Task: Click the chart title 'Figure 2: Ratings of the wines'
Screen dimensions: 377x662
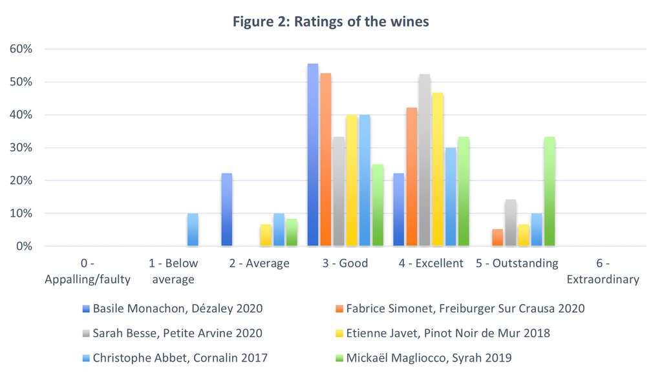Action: [330, 22]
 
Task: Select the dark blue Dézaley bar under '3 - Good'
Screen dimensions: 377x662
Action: [313, 155]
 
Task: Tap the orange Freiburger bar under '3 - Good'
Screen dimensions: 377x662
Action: [326, 159]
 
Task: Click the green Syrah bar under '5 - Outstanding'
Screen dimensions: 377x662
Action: [550, 192]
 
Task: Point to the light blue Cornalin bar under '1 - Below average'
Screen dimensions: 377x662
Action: [193, 230]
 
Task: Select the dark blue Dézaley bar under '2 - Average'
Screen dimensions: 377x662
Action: [226, 210]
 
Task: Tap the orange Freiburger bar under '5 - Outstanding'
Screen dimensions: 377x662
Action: [497, 238]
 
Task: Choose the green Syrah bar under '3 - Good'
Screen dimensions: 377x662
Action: [378, 205]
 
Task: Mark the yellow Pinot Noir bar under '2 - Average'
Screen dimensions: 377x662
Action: [265, 235]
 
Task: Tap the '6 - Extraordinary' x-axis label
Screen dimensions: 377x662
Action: [603, 271]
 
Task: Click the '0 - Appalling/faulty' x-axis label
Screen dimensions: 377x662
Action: [87, 271]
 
